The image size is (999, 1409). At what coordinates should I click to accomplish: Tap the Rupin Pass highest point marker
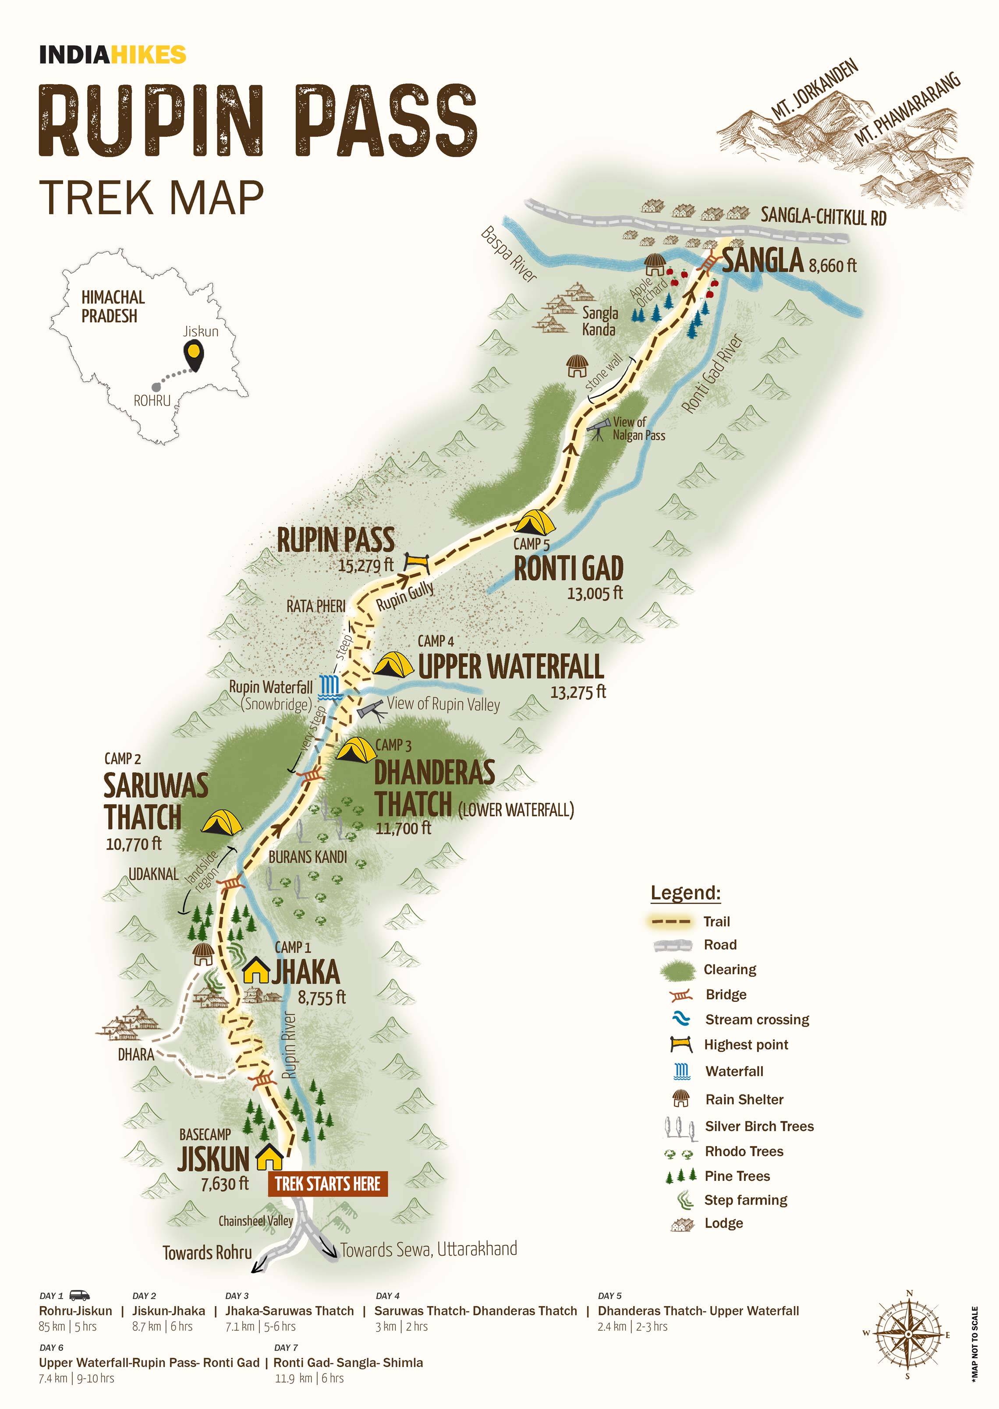pyautogui.click(x=416, y=561)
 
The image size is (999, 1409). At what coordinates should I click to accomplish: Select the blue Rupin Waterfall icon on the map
pyautogui.click(x=329, y=685)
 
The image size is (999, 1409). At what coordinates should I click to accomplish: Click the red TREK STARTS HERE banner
pyautogui.click(x=327, y=1183)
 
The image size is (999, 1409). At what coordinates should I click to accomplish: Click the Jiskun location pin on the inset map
pyautogui.click(x=195, y=354)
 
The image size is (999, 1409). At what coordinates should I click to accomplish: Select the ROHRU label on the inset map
pyautogui.click(x=152, y=401)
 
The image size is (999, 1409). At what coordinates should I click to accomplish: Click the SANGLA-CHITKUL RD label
pyautogui.click(x=823, y=216)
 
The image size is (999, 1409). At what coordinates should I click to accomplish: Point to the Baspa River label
pyautogui.click(x=509, y=254)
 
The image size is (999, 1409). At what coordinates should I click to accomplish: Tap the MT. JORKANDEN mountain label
pyautogui.click(x=814, y=89)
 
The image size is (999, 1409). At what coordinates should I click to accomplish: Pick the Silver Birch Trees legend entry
pyautogui.click(x=758, y=1126)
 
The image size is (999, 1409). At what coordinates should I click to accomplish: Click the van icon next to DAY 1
pyautogui.click(x=79, y=1295)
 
